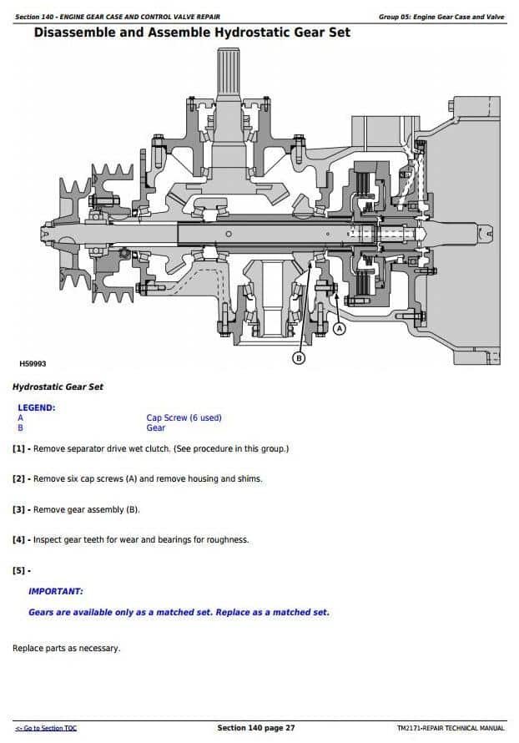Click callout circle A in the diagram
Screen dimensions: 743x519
point(339,329)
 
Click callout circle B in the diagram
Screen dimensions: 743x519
point(300,358)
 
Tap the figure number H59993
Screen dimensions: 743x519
point(33,364)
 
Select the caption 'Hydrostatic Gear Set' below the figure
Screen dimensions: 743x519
point(58,387)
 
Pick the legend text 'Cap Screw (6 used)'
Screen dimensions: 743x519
point(184,417)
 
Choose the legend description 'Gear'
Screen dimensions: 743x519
point(155,428)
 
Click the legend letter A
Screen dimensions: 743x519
point(20,417)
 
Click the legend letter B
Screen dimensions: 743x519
point(20,428)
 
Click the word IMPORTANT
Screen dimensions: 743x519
point(55,591)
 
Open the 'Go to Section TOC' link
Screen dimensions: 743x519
point(47,729)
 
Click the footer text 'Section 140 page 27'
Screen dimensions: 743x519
point(256,729)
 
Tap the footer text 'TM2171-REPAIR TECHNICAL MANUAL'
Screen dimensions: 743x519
point(451,729)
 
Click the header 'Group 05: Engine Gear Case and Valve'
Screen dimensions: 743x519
point(441,17)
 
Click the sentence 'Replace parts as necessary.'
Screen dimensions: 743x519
point(66,648)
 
